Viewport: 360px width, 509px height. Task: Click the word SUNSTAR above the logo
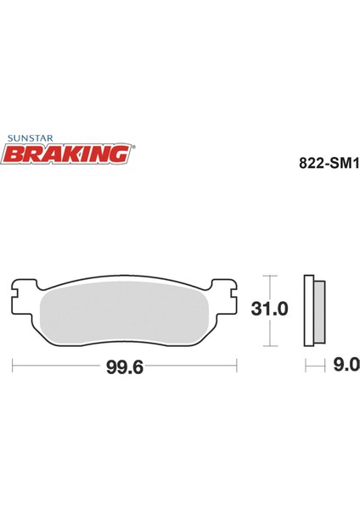click(x=31, y=138)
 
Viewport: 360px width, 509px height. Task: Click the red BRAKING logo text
click(x=67, y=154)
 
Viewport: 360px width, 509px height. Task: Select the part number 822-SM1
click(x=329, y=164)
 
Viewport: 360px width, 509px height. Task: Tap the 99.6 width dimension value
click(x=125, y=368)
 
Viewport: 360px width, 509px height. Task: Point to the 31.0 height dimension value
click(x=269, y=309)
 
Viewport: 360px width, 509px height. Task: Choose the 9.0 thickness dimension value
click(x=346, y=365)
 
